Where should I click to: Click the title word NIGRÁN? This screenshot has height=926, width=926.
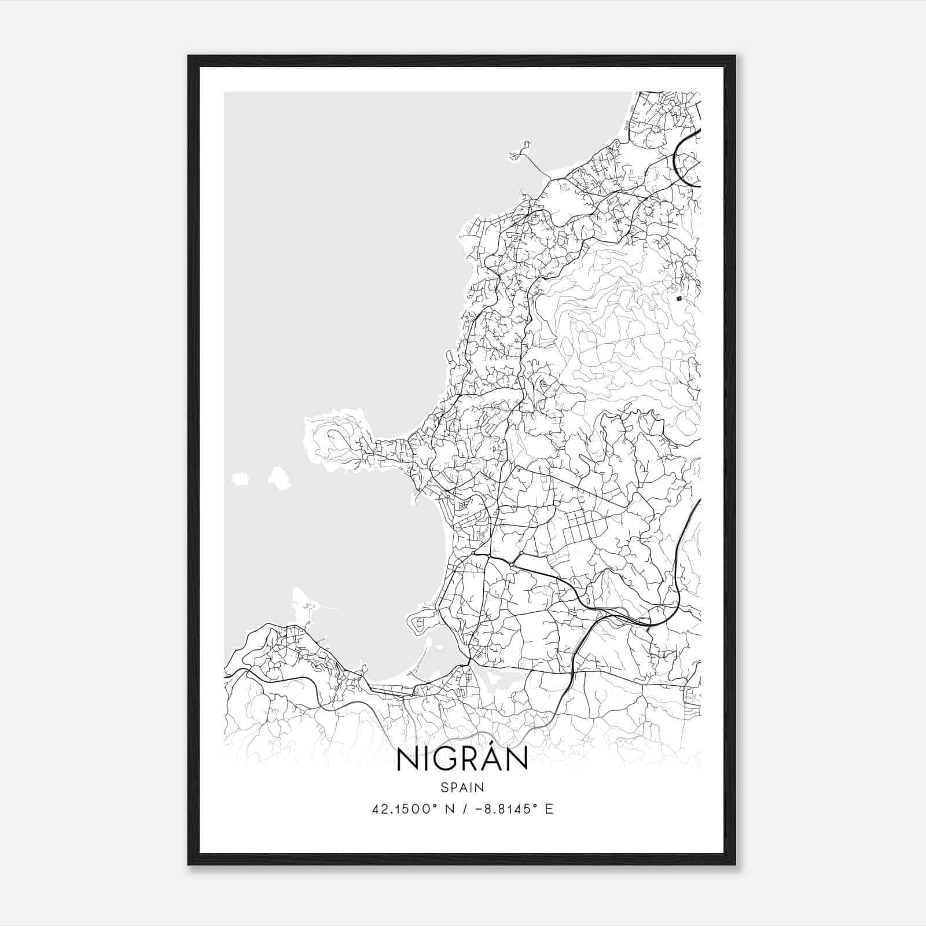point(462,760)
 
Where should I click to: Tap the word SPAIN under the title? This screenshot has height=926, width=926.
point(462,787)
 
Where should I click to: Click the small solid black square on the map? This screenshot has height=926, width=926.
point(679,299)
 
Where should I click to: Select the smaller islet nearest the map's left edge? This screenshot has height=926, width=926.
point(238,479)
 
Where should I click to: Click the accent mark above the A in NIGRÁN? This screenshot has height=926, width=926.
point(490,745)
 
